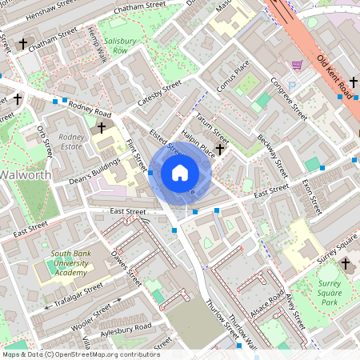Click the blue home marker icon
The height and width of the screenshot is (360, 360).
tap(180, 172)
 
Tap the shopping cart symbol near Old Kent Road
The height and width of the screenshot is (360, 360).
tap(298, 65)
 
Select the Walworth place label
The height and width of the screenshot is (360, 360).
tap(26, 174)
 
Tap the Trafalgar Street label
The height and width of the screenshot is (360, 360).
tap(73, 294)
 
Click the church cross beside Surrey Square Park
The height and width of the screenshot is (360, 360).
tap(346, 263)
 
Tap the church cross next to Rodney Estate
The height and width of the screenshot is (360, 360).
tap(102, 127)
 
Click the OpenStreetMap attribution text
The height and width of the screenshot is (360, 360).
tap(81, 354)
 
